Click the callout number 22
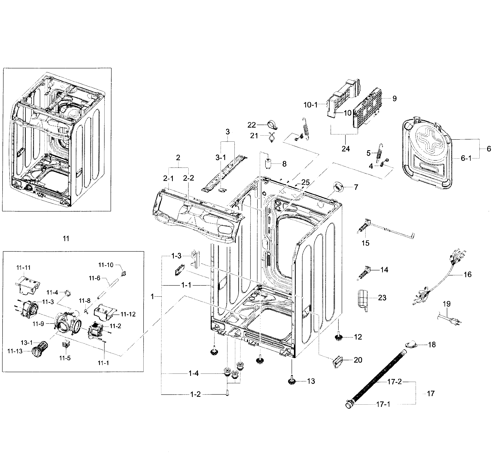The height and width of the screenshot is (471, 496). (252, 125)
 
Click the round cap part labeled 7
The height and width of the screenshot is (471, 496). (338, 188)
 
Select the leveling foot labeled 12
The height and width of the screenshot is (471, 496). (339, 337)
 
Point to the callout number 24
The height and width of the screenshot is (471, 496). (346, 149)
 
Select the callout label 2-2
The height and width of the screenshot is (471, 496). (188, 178)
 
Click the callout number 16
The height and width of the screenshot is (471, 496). (468, 274)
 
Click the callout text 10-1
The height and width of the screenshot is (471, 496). (311, 105)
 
